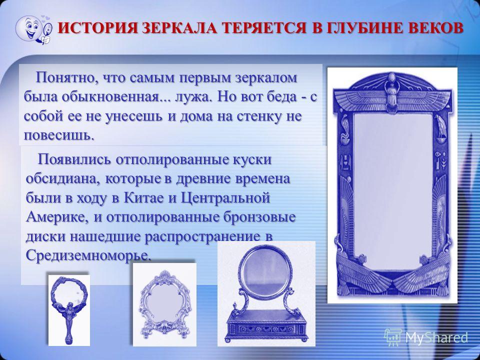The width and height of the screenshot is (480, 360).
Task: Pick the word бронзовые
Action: (x=259, y=217)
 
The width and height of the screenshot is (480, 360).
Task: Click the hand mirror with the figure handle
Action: (x=69, y=309)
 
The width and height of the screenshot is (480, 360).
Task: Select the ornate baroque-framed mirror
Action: (x=164, y=304)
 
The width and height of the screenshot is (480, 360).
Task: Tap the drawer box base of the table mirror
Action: (x=265, y=326)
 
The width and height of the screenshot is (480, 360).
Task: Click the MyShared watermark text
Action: (x=436, y=337)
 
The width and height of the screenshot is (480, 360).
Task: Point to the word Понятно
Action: (x=65, y=78)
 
